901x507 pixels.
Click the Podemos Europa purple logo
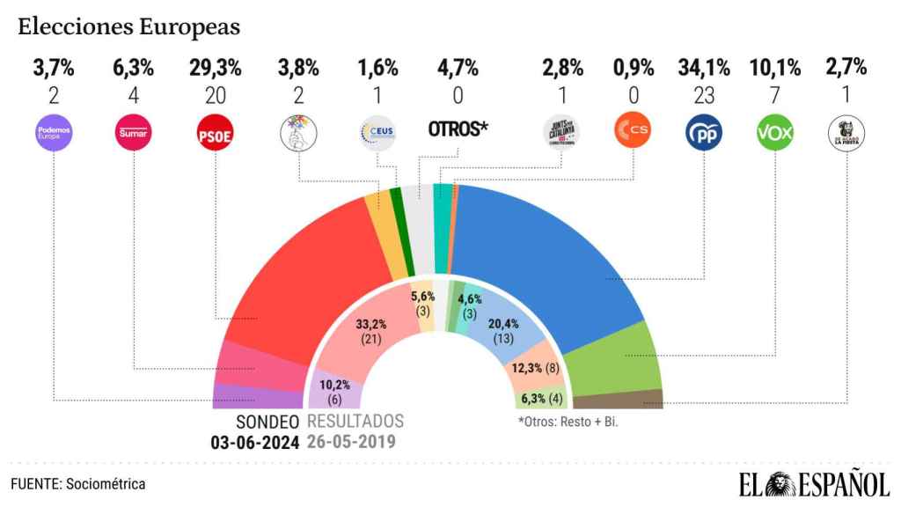click(x=53, y=134)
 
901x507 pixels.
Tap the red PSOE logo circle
click(x=212, y=134)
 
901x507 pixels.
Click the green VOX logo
click(x=773, y=134)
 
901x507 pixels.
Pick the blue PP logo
click(x=703, y=134)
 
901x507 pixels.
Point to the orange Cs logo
click(x=633, y=134)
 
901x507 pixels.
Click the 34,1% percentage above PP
click(x=703, y=67)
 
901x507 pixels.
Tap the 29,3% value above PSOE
click(x=212, y=67)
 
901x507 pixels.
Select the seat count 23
click(x=703, y=95)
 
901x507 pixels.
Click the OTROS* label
click(x=458, y=129)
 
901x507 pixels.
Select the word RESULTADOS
click(x=355, y=421)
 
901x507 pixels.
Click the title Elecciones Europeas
click(x=129, y=26)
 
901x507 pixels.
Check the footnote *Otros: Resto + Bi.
click(x=574, y=421)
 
